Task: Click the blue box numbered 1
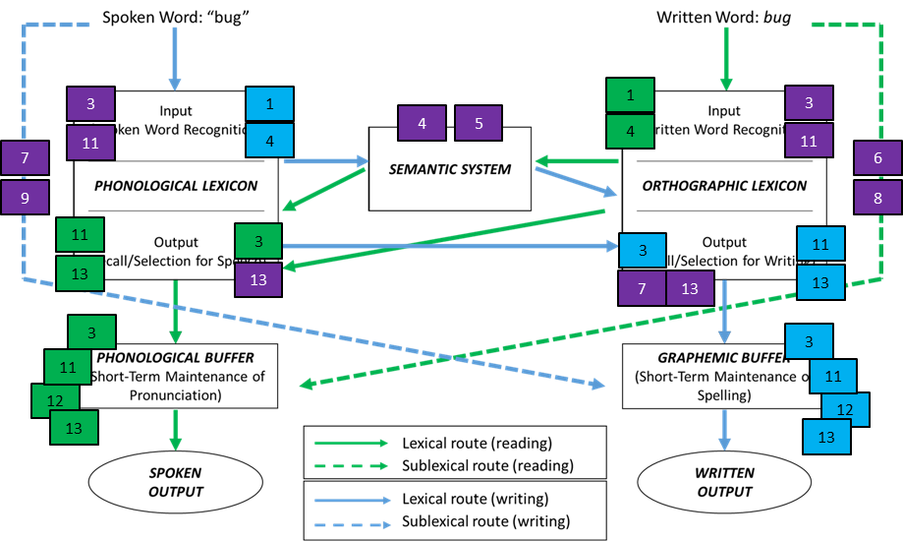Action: click(x=268, y=103)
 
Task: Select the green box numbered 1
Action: click(x=630, y=95)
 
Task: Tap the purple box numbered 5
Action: click(x=479, y=124)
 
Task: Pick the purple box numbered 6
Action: click(x=877, y=158)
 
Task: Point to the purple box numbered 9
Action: click(x=25, y=198)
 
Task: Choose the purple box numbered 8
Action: click(x=877, y=198)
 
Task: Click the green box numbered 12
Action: click(x=56, y=401)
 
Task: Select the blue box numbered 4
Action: click(x=268, y=141)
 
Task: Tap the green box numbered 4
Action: click(x=630, y=131)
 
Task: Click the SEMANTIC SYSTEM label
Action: click(x=450, y=169)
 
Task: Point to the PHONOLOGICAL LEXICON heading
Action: click(x=176, y=185)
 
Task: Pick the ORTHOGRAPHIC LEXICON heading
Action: click(x=724, y=185)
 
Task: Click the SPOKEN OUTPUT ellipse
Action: click(x=175, y=482)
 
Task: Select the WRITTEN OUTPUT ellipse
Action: click(x=724, y=482)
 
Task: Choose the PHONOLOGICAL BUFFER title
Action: click(x=176, y=358)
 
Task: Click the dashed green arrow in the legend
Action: click(x=351, y=467)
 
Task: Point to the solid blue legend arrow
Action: click(x=351, y=500)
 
